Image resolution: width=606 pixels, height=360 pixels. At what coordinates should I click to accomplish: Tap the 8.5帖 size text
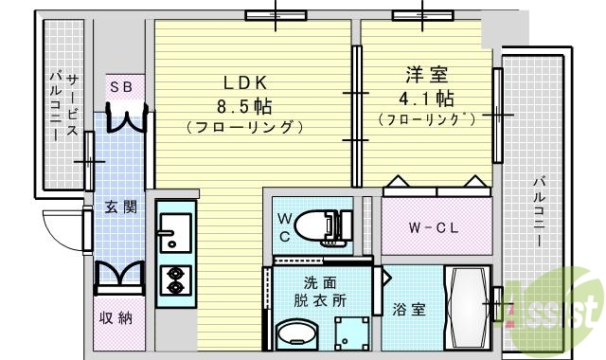coord(243,103)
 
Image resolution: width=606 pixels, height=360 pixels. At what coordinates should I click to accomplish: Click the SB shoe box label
coord(124,87)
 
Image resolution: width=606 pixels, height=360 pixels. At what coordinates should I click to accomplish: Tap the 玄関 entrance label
coord(120,207)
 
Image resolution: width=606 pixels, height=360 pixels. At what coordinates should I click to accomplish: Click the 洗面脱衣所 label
coord(318,291)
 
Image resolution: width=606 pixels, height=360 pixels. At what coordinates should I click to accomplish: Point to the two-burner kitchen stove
coord(175,278)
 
